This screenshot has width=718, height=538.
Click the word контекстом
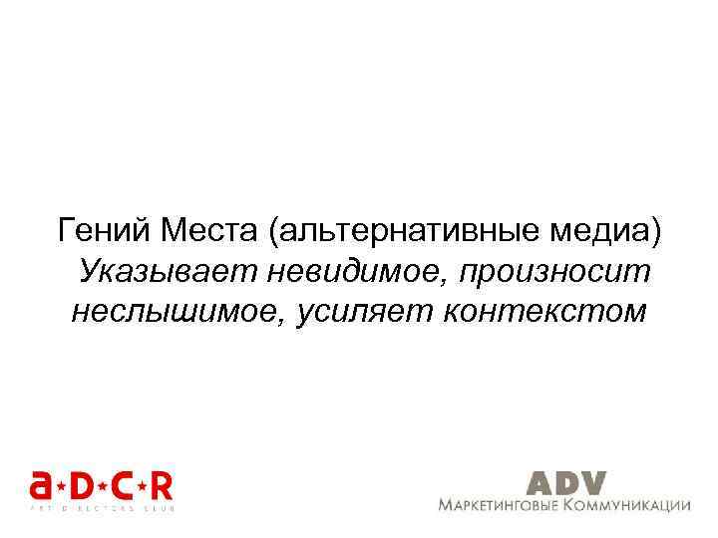tap(544, 311)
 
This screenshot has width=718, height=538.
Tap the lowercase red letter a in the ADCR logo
tap(41, 486)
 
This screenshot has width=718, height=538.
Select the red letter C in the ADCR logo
tap(123, 486)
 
